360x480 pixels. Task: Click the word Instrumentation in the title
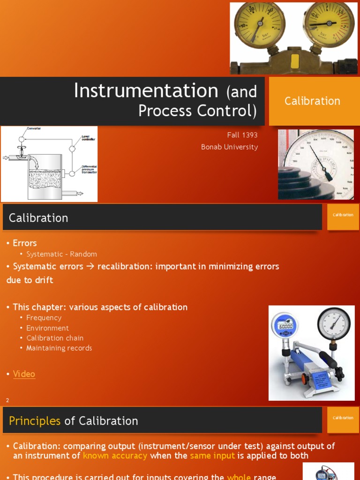coord(146,90)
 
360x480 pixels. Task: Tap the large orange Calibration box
coord(312,101)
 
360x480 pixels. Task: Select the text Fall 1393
coord(242,135)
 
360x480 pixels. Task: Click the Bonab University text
coord(229,147)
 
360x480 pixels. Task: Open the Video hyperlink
coord(24,374)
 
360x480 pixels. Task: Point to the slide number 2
coord(7,400)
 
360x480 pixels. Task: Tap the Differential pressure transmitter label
coord(89,169)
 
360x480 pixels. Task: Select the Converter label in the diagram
coord(34,128)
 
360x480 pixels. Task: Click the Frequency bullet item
coord(44,318)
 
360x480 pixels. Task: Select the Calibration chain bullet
coord(55,338)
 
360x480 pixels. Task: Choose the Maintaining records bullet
coord(59,348)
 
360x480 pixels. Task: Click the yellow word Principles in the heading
coord(35,421)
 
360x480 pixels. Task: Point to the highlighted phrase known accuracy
coord(115,456)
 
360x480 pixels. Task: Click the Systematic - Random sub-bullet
coord(61,254)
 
